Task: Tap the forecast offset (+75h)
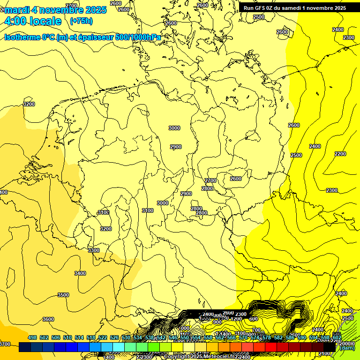[81, 21]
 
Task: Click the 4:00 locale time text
[32, 21]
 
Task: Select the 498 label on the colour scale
[32, 338]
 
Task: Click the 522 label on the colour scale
[102, 338]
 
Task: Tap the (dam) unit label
[346, 348]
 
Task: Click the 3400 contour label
[80, 273]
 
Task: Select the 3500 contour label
[63, 295]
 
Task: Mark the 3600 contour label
[48, 319]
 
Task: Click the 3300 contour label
[94, 251]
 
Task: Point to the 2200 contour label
[340, 154]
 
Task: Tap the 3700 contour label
[5, 345]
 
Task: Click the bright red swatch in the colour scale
[270, 347]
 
